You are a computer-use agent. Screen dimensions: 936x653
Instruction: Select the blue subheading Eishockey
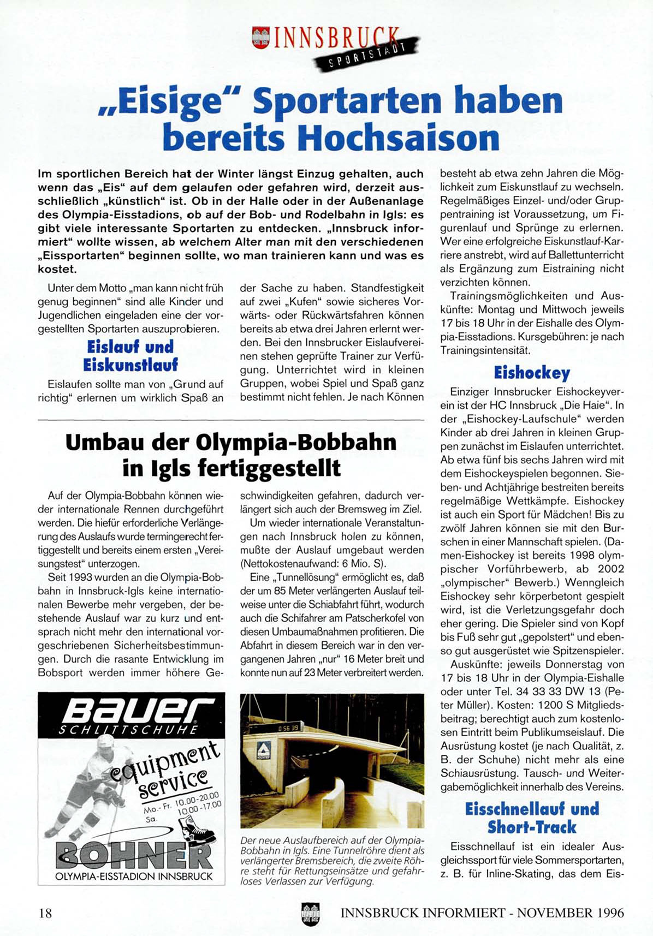(531, 373)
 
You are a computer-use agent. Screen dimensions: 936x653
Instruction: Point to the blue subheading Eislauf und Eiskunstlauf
(130, 355)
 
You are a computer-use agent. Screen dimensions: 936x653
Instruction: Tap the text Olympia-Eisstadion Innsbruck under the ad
(134, 877)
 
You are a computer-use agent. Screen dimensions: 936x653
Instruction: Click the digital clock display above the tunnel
(289, 728)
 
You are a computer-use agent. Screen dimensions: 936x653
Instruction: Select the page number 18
(45, 913)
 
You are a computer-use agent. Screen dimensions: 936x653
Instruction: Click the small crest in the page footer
(310, 914)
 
